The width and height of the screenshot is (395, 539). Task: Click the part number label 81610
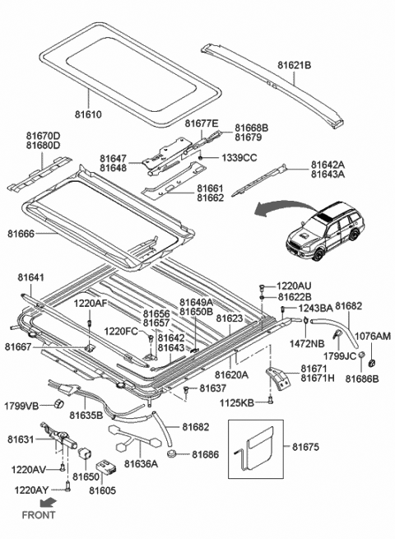pyautogui.click(x=88, y=114)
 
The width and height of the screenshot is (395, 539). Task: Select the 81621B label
pyautogui.click(x=295, y=65)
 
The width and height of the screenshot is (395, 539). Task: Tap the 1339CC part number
pyautogui.click(x=239, y=158)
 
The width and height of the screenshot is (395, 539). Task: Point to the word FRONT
pyautogui.click(x=39, y=515)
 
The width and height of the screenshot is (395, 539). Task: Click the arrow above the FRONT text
pyautogui.click(x=48, y=503)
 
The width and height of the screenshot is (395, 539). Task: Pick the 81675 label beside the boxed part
pyautogui.click(x=305, y=447)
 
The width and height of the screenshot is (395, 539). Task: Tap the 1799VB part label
pyautogui.click(x=21, y=407)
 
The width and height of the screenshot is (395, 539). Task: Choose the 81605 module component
pyautogui.click(x=105, y=467)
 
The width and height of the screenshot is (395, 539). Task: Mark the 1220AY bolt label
pyautogui.click(x=31, y=490)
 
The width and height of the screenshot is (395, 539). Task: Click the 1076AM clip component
pyautogui.click(x=371, y=362)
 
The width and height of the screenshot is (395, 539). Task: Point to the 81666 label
pyautogui.click(x=21, y=234)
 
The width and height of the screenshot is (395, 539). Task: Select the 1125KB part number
pyautogui.click(x=237, y=402)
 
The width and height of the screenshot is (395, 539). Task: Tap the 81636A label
pyautogui.click(x=141, y=464)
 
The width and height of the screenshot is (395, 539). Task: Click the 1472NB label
pyautogui.click(x=307, y=343)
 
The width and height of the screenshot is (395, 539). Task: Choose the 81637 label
pyautogui.click(x=213, y=388)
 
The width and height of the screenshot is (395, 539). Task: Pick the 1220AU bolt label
pyautogui.click(x=294, y=286)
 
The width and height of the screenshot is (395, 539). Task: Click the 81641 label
pyautogui.click(x=31, y=277)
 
